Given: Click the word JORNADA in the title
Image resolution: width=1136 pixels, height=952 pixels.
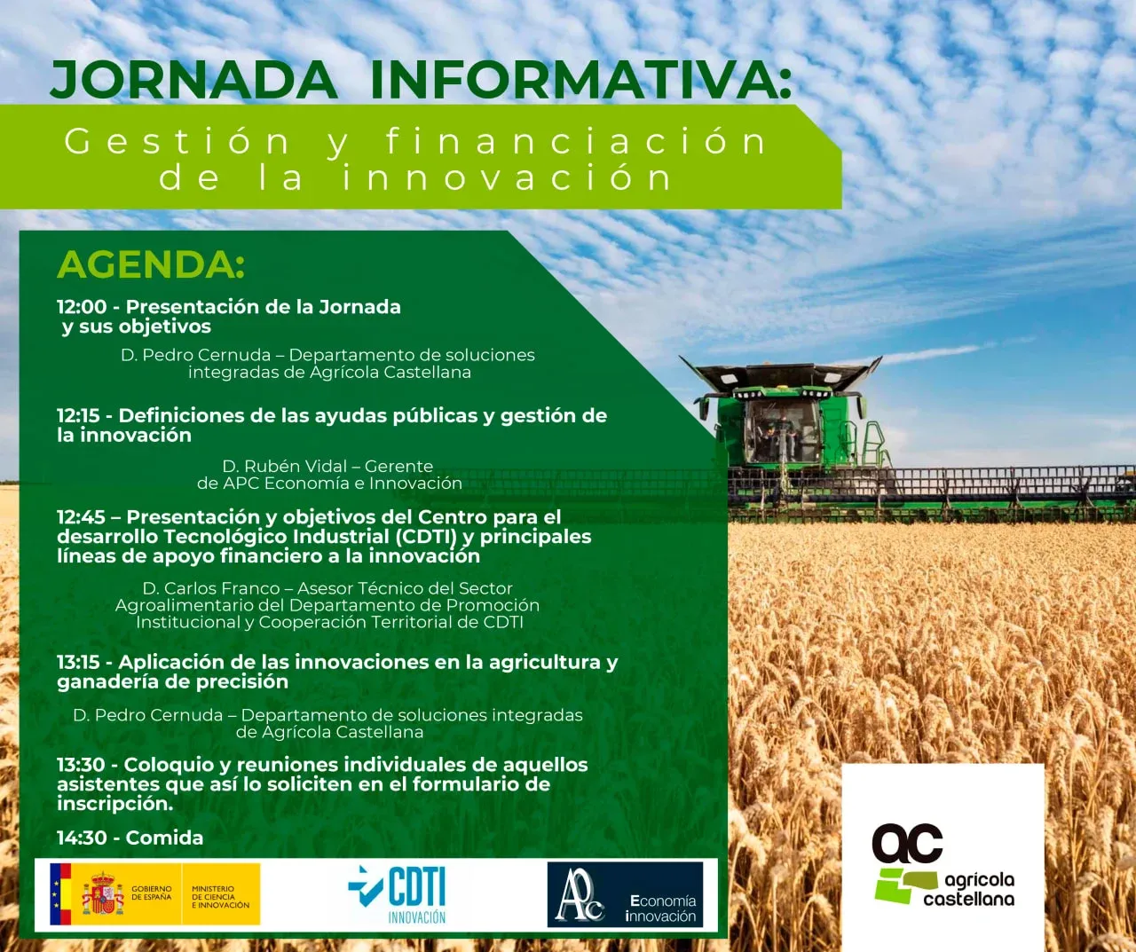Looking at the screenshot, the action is coord(193,81).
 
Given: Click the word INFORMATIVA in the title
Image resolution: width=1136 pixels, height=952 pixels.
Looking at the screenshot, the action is coord(580,80).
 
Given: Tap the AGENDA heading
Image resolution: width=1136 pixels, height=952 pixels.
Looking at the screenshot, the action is coord(151,265).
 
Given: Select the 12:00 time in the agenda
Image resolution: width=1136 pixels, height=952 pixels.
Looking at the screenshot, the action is coord(82,307).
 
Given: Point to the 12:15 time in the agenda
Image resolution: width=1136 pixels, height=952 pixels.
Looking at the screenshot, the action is coord(78,415).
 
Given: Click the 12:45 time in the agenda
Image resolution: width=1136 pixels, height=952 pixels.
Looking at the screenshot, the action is coord(81,516).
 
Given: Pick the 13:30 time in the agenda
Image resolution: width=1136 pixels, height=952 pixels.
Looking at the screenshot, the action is coord(81,765).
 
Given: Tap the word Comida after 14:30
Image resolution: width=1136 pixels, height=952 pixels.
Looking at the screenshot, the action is coord(164,838).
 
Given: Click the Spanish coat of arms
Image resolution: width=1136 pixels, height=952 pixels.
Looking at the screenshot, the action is coord(102,893).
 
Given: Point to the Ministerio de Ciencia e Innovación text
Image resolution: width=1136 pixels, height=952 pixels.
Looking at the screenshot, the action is coord(220,896).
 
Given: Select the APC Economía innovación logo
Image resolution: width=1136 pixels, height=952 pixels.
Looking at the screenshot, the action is coord(625,894).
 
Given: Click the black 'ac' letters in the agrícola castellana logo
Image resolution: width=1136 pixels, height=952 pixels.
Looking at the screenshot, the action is coord(907,843).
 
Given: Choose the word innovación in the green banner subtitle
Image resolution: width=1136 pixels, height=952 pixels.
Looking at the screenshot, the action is coord(507,177).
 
